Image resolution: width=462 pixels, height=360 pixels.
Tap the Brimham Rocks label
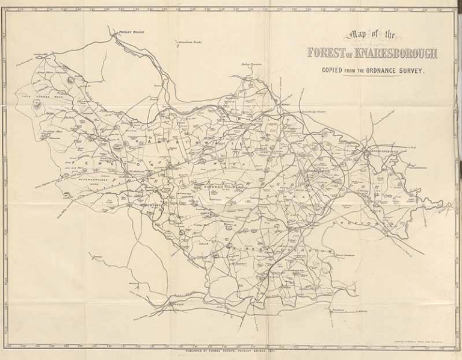point(191,43)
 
